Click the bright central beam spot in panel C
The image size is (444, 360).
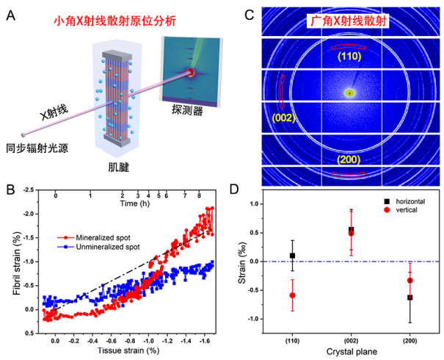point(350,93)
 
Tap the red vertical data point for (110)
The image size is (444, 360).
point(292,295)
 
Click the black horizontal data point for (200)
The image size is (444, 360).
point(410,298)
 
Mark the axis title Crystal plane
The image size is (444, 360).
point(350,352)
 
